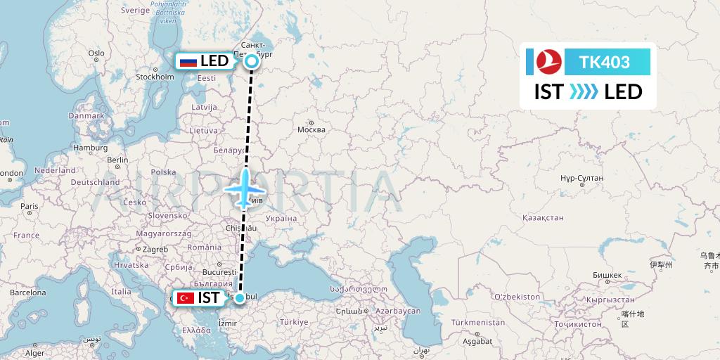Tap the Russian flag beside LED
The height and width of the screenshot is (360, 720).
(188, 62)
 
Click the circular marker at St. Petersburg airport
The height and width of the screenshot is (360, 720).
(251, 62)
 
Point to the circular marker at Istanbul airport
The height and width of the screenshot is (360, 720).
(240, 298)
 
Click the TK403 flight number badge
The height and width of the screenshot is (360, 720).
(605, 63)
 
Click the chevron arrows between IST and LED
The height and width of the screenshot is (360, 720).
(584, 92)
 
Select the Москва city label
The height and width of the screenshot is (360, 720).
(311, 130)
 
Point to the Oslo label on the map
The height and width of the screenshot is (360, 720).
(96, 53)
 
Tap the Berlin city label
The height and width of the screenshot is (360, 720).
(117, 160)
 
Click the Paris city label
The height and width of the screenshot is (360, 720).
(29, 206)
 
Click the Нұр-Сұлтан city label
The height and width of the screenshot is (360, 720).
(582, 179)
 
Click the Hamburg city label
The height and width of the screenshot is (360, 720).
(90, 148)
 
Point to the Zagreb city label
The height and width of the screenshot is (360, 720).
(155, 249)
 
